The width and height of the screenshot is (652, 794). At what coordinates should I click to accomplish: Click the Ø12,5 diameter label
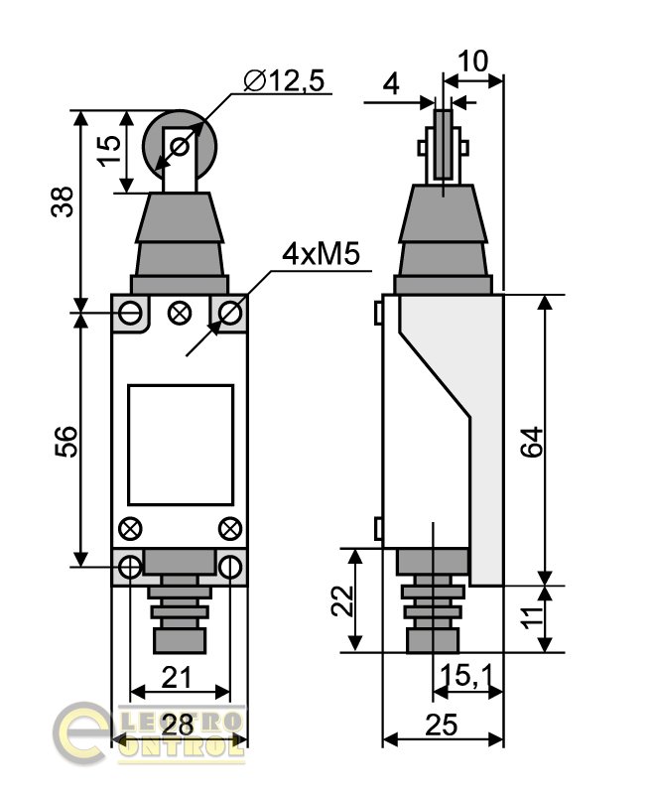tap(284, 80)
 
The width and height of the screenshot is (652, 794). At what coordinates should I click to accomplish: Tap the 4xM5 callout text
tap(321, 254)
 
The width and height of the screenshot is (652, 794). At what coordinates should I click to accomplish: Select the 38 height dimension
tap(63, 201)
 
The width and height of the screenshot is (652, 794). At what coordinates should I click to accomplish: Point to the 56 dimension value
tap(66, 442)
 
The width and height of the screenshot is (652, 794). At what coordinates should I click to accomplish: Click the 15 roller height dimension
tap(110, 151)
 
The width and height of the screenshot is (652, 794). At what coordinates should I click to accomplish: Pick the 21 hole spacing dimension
tap(177, 678)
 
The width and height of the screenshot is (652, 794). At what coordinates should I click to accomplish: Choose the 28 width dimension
tap(179, 725)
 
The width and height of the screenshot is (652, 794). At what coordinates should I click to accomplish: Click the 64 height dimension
tap(533, 442)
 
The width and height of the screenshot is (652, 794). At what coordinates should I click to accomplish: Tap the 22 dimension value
tap(342, 600)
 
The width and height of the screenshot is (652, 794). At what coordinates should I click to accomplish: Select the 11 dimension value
tap(533, 617)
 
